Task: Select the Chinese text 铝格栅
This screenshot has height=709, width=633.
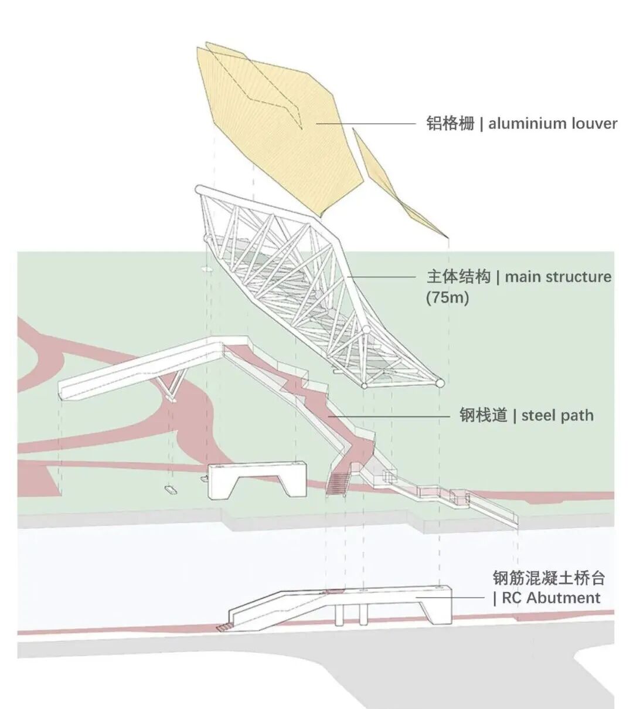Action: pyautogui.click(x=450, y=123)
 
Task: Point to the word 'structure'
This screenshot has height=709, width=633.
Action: pyautogui.click(x=578, y=277)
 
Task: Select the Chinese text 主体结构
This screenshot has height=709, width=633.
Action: pyautogui.click(x=458, y=277)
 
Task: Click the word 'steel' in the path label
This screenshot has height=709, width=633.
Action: pyautogui.click(x=539, y=416)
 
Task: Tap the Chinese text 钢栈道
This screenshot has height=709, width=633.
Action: pyautogui.click(x=482, y=416)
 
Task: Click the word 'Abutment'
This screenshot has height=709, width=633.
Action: pyautogui.click(x=563, y=598)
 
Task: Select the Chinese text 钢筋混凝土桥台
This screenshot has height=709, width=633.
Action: pyautogui.click(x=549, y=578)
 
